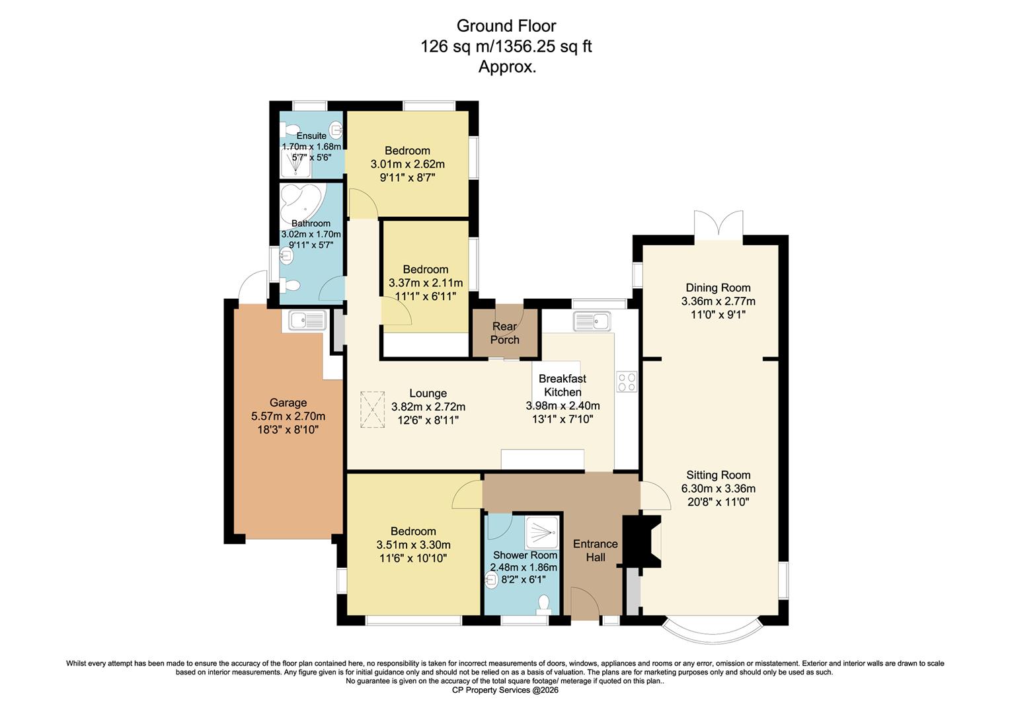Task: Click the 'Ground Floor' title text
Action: [x=506, y=26]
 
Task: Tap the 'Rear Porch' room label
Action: [x=505, y=333]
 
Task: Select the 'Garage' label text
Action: [x=288, y=403]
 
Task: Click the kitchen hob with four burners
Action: [x=626, y=381]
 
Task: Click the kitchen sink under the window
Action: [x=592, y=322]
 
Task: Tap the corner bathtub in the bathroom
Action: [x=300, y=201]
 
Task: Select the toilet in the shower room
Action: [x=543, y=604]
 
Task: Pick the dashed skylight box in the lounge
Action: [x=372, y=411]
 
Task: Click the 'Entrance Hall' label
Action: [x=595, y=550]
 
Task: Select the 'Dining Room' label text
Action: [x=718, y=288]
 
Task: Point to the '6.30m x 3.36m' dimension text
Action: [x=718, y=489]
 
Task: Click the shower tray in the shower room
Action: [x=542, y=533]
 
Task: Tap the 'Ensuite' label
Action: [x=311, y=136]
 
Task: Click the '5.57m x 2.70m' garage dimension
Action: [x=288, y=416]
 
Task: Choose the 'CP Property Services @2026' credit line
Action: [x=505, y=690]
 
